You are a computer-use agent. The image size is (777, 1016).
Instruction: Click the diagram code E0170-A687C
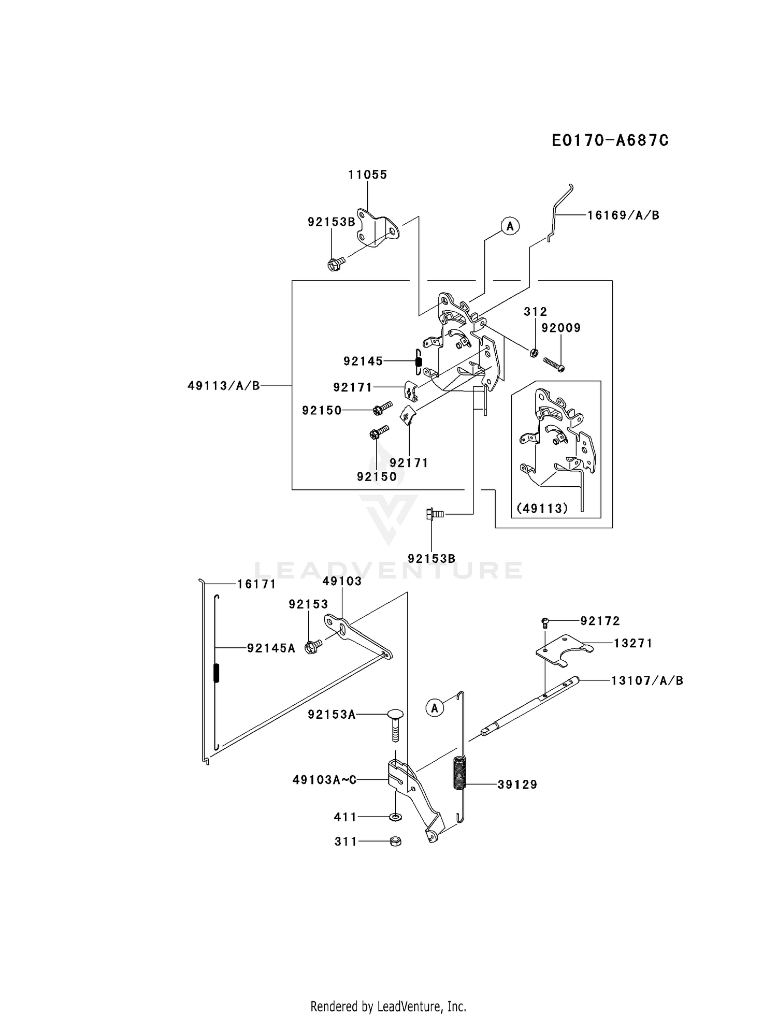point(610,140)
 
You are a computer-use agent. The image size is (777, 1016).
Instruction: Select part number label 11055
point(368,175)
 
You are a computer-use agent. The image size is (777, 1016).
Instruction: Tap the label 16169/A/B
point(624,215)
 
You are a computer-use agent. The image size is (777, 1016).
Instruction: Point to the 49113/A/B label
point(224,385)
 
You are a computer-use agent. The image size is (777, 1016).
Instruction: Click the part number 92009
point(561,328)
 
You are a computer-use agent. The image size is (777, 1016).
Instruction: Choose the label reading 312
point(535,311)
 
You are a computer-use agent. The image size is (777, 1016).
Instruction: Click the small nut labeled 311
point(395,841)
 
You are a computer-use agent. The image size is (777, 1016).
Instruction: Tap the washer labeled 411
point(395,817)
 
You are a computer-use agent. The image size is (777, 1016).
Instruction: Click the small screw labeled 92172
point(545,622)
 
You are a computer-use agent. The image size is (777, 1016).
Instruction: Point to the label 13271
point(633,643)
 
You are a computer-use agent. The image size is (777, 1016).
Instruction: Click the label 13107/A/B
point(647,680)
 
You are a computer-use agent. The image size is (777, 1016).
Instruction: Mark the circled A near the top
point(510,226)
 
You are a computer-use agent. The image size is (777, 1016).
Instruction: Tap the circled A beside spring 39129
point(435,708)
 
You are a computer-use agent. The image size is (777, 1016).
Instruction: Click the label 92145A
point(271,648)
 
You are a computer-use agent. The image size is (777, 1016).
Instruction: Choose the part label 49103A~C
point(324,779)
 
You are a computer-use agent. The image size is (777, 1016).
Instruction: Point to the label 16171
point(256,584)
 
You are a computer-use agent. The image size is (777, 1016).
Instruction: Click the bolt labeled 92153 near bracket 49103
point(313,647)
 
